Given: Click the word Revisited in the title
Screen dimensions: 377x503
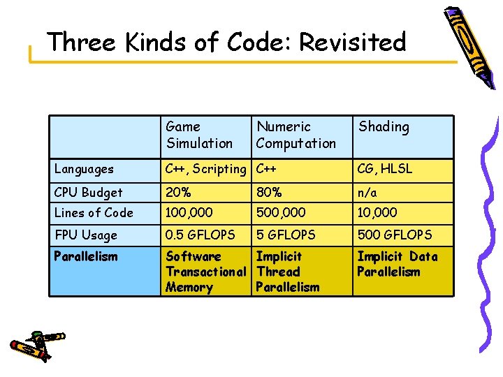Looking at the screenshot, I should pos(352,43).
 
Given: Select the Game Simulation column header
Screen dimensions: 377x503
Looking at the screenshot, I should pos(199,135).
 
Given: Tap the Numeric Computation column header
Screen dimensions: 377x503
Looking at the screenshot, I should pos(296,135).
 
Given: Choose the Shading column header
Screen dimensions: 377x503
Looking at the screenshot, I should pos(384,127).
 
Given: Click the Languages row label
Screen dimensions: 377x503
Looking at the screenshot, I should pos(84,169).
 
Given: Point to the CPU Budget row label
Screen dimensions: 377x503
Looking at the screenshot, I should pos(88,192).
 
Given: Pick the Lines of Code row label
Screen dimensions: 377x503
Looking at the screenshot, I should pos(93,213).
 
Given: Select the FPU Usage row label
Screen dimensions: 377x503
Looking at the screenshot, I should pos(85,235).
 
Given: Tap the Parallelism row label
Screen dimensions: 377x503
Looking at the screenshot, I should pos(86,256).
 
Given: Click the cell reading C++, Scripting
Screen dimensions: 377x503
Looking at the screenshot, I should pos(205,169).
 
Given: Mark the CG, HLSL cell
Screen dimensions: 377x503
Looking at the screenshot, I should pos(385,169).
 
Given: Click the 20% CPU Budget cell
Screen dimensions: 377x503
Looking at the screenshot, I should pos(178,192).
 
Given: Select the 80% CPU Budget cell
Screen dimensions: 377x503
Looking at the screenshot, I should pos(269,192).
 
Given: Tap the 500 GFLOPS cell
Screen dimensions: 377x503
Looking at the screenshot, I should pos(394,235).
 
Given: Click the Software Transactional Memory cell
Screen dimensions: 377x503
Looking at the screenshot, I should pos(205,272).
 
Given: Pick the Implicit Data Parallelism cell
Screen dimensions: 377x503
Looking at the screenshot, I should pos(397,264).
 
